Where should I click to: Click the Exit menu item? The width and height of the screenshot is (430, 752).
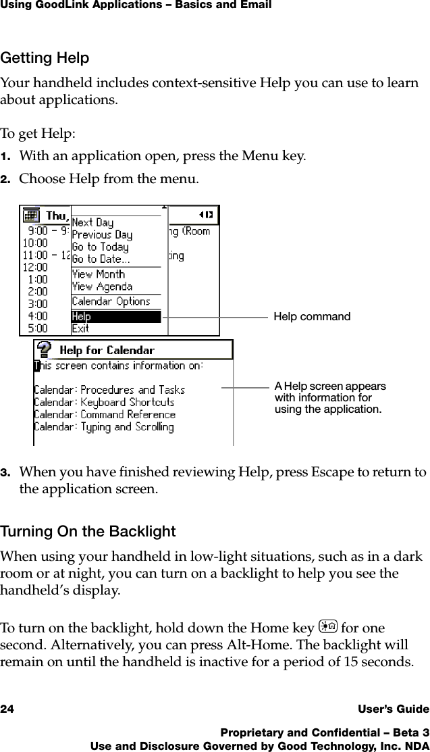point(80,329)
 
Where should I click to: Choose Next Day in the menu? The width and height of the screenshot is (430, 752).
point(92,222)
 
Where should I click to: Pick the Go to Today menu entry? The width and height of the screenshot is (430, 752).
point(100,247)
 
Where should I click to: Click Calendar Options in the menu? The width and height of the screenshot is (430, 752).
point(111,301)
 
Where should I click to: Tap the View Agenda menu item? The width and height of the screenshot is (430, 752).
point(102,286)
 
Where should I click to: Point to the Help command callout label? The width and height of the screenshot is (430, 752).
point(312,317)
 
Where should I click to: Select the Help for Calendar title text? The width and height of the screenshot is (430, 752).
point(107,350)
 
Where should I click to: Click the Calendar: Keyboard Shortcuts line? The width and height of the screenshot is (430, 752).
point(104,402)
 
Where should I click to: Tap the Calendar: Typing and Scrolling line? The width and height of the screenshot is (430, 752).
point(103,427)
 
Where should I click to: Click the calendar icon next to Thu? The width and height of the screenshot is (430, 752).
point(31,215)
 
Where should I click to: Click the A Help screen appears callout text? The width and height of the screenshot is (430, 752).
point(330,398)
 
